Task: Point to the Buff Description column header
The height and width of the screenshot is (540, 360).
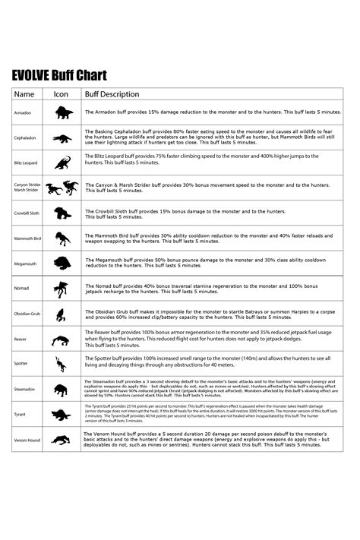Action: tap(112, 95)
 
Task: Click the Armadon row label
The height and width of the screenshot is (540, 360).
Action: tap(22, 112)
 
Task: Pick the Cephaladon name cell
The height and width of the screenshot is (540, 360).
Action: tap(24, 138)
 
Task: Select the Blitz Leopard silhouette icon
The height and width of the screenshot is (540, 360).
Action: tap(62, 163)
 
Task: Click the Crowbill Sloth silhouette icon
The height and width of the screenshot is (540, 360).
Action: tap(62, 213)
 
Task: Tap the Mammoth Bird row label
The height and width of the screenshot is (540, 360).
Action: tap(27, 238)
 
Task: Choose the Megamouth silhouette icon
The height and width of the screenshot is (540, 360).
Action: tap(62, 264)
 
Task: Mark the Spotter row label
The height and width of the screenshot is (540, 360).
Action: tap(21, 364)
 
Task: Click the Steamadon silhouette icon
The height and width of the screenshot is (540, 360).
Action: tap(62, 390)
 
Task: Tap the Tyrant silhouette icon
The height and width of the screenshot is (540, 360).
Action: tap(62, 415)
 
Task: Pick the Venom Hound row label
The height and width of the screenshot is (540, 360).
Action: tap(26, 440)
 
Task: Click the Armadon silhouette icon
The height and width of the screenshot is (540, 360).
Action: tap(62, 113)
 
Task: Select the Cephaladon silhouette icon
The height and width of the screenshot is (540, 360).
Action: tap(62, 138)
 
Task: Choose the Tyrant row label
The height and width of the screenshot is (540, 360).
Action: tap(20, 415)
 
